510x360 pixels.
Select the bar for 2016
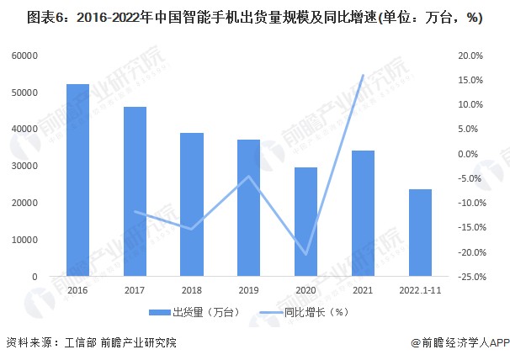77,180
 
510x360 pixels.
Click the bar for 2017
135,192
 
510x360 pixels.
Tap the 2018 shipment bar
192,204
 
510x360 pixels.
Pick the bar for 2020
305,222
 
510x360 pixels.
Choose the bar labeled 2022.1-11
420,233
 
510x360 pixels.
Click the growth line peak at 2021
363,75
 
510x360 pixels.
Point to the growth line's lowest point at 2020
305,254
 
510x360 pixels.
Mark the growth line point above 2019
249,177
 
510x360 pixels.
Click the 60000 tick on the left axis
24,56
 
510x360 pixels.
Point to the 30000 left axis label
24,166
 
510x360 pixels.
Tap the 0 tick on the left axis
35,277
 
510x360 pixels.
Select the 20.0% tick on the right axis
470,56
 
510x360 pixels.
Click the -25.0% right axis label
472,277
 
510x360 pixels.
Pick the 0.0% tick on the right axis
468,154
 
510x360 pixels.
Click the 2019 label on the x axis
249,290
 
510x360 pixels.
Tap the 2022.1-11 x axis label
420,290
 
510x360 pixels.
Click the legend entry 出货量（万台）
194,313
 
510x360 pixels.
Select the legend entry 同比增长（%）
304,313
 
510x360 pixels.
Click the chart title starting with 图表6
255,18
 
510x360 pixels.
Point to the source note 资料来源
92,342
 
